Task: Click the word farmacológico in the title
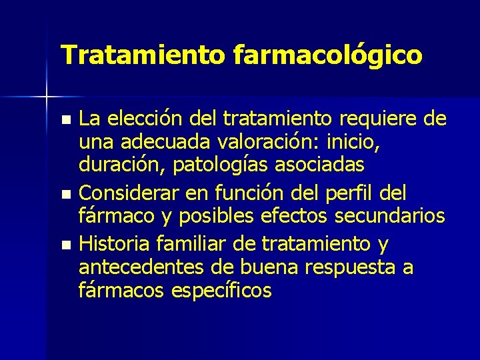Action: coord(328,55)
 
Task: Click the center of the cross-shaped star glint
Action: coord(47,97)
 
